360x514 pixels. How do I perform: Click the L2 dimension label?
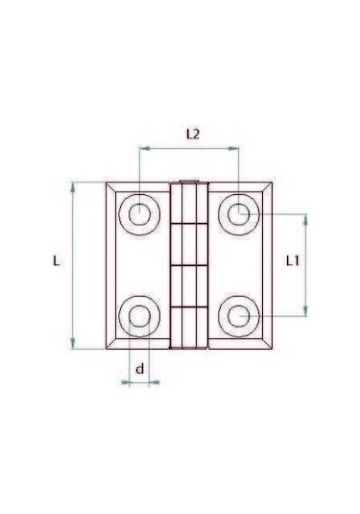(x=192, y=135)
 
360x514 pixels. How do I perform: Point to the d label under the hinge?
(x=139, y=368)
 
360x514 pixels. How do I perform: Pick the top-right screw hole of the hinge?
(x=237, y=213)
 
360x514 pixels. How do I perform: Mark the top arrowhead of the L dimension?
(x=73, y=186)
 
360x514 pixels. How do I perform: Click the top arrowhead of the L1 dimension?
(x=306, y=218)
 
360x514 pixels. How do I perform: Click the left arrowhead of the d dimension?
(x=125, y=382)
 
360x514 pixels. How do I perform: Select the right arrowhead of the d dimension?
(x=155, y=382)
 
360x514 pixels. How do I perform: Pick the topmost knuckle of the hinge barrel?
(x=189, y=202)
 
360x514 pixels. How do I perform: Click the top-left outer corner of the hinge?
(x=104, y=182)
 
